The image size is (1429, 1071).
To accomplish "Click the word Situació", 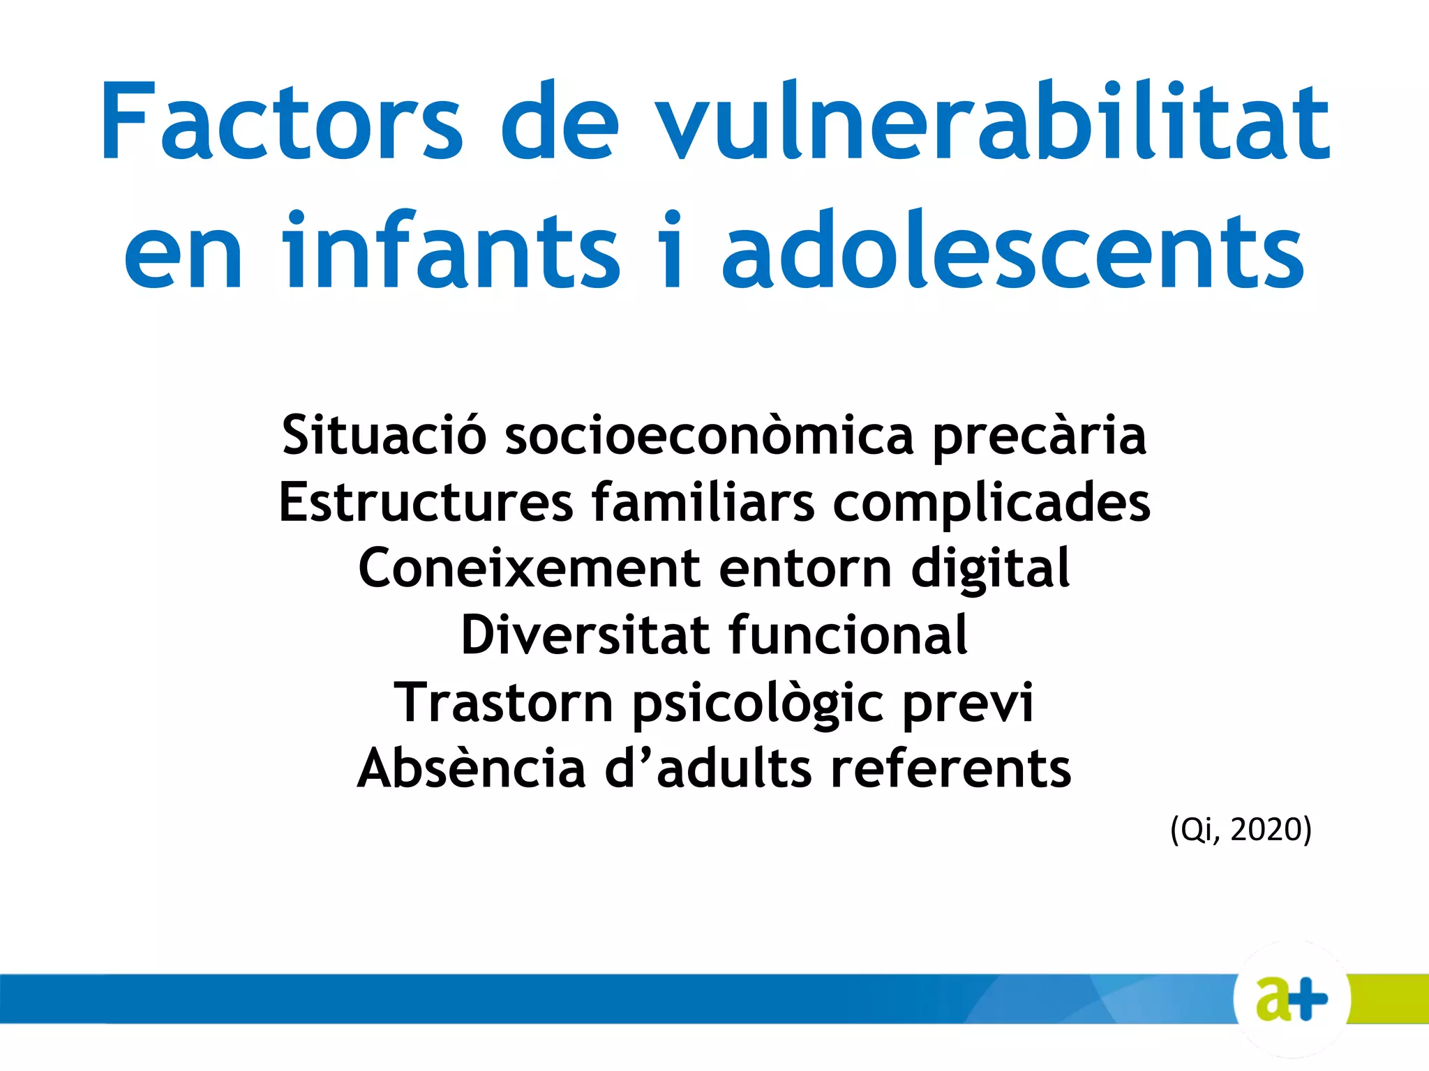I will [384, 435].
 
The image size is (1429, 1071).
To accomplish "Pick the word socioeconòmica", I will [709, 435].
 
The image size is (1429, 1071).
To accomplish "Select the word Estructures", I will [426, 502].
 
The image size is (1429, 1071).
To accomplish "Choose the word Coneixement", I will [529, 568].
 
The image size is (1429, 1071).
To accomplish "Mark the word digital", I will [990, 569].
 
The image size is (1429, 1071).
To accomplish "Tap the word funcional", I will [848, 635].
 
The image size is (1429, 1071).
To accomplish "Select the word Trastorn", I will [503, 703].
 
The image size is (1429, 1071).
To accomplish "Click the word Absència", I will [471, 769].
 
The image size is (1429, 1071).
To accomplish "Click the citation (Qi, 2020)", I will [1241, 830].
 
